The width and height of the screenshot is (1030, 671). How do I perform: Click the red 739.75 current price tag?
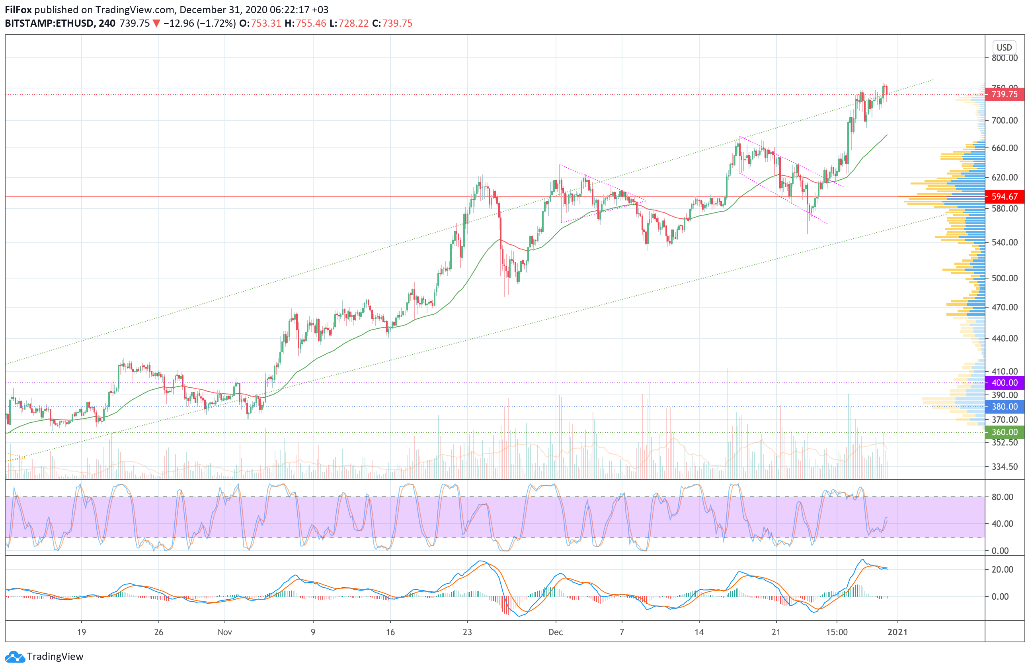coord(1004,94)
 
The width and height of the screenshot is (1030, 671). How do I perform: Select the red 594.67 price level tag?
coord(1004,197)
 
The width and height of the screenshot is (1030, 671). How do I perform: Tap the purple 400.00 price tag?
coord(1004,383)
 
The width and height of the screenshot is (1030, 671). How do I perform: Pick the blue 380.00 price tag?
coord(1004,407)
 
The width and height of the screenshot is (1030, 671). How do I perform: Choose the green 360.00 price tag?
coord(1004,432)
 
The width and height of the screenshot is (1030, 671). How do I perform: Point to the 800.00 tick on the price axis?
coord(1004,58)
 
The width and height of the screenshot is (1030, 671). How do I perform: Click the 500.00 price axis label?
coord(1004,278)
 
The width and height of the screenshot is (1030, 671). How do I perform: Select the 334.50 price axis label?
coord(1004,467)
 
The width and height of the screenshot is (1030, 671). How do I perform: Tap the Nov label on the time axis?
coord(224,632)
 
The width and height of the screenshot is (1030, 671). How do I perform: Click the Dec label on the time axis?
coord(555,632)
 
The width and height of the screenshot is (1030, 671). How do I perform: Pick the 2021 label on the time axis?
coord(897,632)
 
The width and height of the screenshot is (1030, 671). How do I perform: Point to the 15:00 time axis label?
coord(837,632)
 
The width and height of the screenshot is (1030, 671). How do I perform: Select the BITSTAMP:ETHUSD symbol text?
coord(49,24)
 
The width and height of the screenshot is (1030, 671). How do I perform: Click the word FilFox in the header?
coord(18,10)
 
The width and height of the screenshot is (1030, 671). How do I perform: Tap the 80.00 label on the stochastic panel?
coord(1002,497)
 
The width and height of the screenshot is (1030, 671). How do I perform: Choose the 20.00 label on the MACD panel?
coord(1002,570)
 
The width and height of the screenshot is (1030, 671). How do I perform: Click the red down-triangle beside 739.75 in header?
coord(157,24)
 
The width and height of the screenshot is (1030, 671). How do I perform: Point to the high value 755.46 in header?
coord(311,24)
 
